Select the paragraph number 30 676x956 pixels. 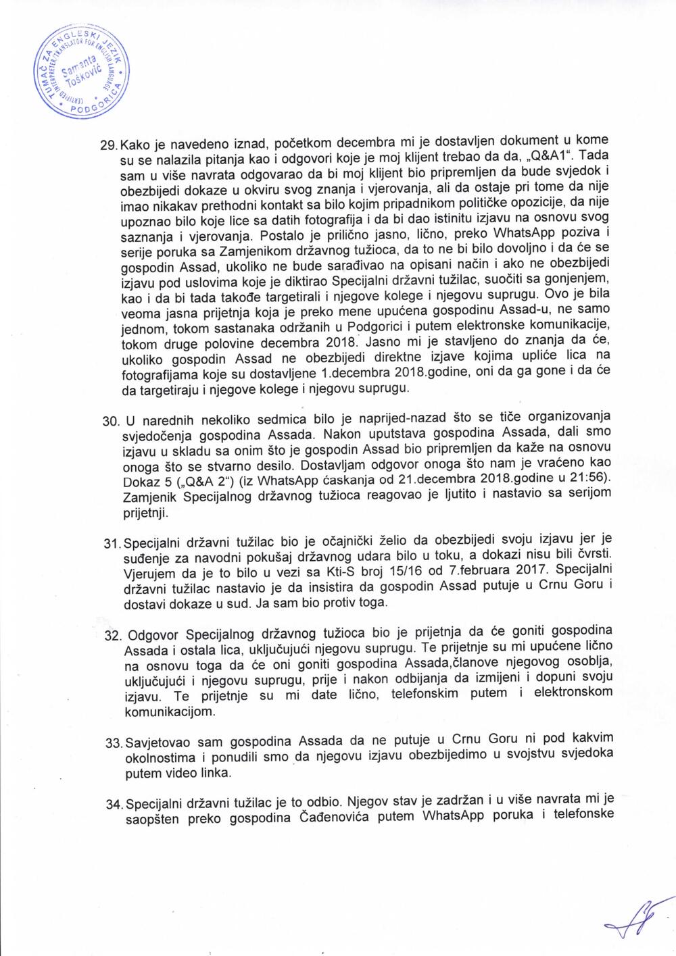pos(110,420)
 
